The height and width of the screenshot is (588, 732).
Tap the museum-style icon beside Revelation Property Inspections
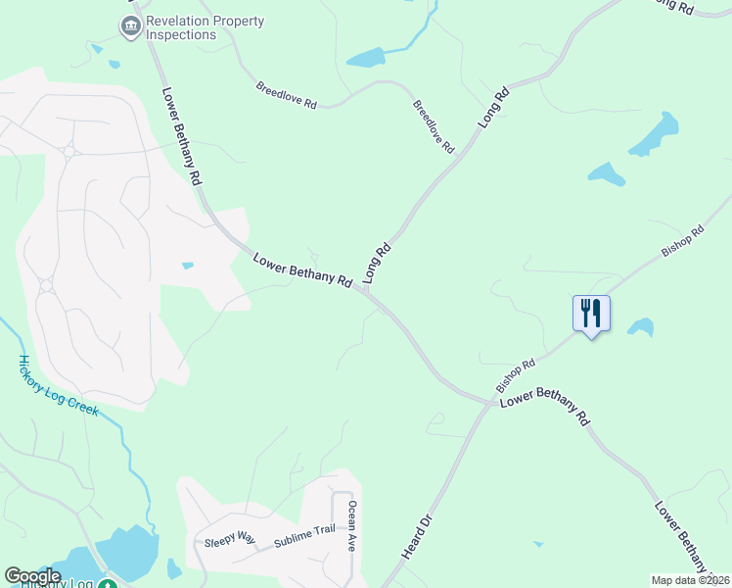point(130,27)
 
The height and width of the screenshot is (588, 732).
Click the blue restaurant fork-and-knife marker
point(591,314)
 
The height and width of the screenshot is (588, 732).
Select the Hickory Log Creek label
point(58,384)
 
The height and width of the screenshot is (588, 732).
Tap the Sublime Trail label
point(304,535)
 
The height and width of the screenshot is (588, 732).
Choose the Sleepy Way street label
point(229,540)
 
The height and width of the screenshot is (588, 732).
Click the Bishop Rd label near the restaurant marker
point(516,371)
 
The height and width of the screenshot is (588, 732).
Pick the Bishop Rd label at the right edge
point(682,242)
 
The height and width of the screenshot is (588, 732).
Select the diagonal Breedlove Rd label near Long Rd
point(434,125)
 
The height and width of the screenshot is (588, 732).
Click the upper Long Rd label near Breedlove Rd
point(494,108)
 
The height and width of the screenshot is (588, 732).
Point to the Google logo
point(32,576)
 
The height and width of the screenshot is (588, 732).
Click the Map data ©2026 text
point(690,580)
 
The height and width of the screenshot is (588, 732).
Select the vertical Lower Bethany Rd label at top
point(181,135)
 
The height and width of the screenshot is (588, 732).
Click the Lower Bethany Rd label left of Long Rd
point(302,270)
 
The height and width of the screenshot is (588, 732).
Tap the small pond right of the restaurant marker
point(641,326)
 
